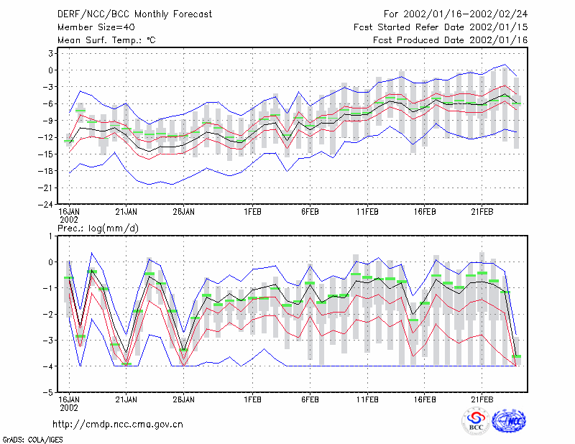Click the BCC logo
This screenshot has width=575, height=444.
(x=476, y=421)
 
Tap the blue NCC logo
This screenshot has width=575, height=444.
(x=509, y=421)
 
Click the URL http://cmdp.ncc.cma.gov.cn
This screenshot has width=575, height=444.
(x=118, y=425)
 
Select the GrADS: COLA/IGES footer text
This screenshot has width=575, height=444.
(x=32, y=440)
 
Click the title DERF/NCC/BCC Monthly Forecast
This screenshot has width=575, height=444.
(x=134, y=14)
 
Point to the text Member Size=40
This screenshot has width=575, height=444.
(x=96, y=27)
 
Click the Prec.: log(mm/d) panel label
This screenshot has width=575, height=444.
(x=98, y=228)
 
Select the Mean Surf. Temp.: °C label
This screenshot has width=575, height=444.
(x=106, y=40)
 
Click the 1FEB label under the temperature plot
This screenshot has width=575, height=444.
(x=253, y=212)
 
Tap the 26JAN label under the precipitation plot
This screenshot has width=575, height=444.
(x=184, y=399)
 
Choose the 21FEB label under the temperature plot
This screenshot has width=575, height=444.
(x=482, y=212)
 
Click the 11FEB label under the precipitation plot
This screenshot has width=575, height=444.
(x=367, y=399)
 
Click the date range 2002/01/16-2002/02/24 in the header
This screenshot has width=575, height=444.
(x=465, y=14)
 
